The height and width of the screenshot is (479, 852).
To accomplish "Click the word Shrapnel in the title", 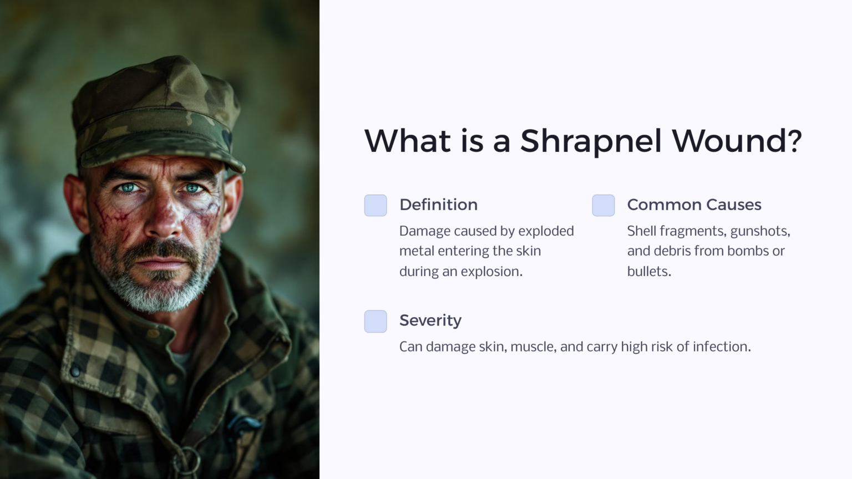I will tap(591, 141).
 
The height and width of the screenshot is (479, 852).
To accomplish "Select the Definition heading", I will tap(438, 205).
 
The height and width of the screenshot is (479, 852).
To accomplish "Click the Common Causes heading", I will tap(694, 205).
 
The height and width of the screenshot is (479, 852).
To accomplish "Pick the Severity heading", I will tap(430, 320).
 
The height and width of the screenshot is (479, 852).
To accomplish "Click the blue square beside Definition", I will tap(376, 205).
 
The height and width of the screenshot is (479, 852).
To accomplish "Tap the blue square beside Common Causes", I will tap(603, 205).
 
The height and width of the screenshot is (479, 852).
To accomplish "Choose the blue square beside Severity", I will tap(376, 321).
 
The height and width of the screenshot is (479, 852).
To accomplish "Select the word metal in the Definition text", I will tap(417, 251).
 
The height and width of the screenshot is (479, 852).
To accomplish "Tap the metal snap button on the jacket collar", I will tap(74, 370).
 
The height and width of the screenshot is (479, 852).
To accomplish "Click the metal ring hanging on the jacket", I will tap(187, 461).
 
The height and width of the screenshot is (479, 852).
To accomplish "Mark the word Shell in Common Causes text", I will tap(641, 231).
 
